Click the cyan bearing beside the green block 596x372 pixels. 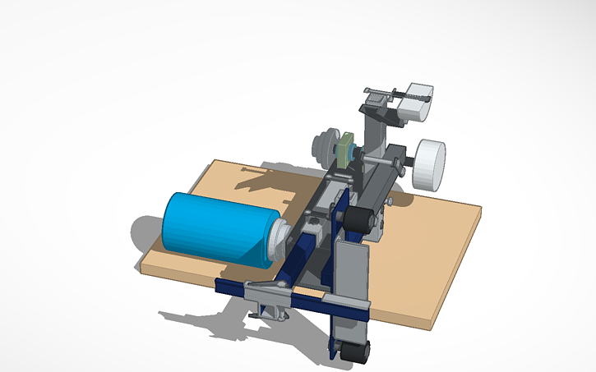tap(354, 153)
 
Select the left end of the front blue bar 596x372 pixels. tap(220, 285)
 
